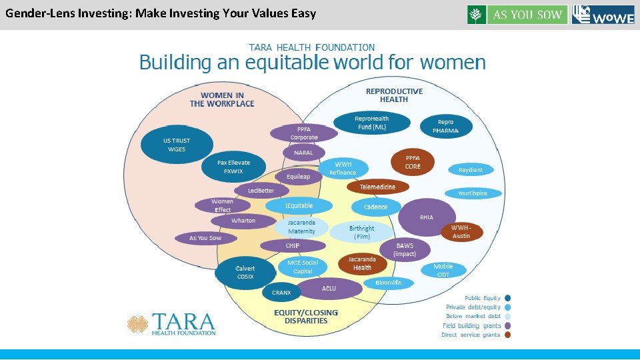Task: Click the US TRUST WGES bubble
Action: point(177,145)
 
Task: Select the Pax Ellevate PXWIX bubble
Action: point(233,167)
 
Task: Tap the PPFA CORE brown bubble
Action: point(412,162)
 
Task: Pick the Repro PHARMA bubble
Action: point(445,126)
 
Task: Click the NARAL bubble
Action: point(303,153)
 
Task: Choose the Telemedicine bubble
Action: point(377,187)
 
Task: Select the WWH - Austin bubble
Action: point(461,232)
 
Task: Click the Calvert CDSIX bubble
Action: point(245,272)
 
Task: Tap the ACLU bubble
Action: point(328,289)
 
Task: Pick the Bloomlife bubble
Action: point(388,283)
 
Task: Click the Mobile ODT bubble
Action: point(443,270)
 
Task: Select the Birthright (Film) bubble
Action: point(362,232)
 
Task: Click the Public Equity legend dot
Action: point(508,298)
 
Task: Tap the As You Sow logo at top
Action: point(517,15)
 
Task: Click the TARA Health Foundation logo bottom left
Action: point(172,324)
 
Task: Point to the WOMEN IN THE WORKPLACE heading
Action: point(222,99)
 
